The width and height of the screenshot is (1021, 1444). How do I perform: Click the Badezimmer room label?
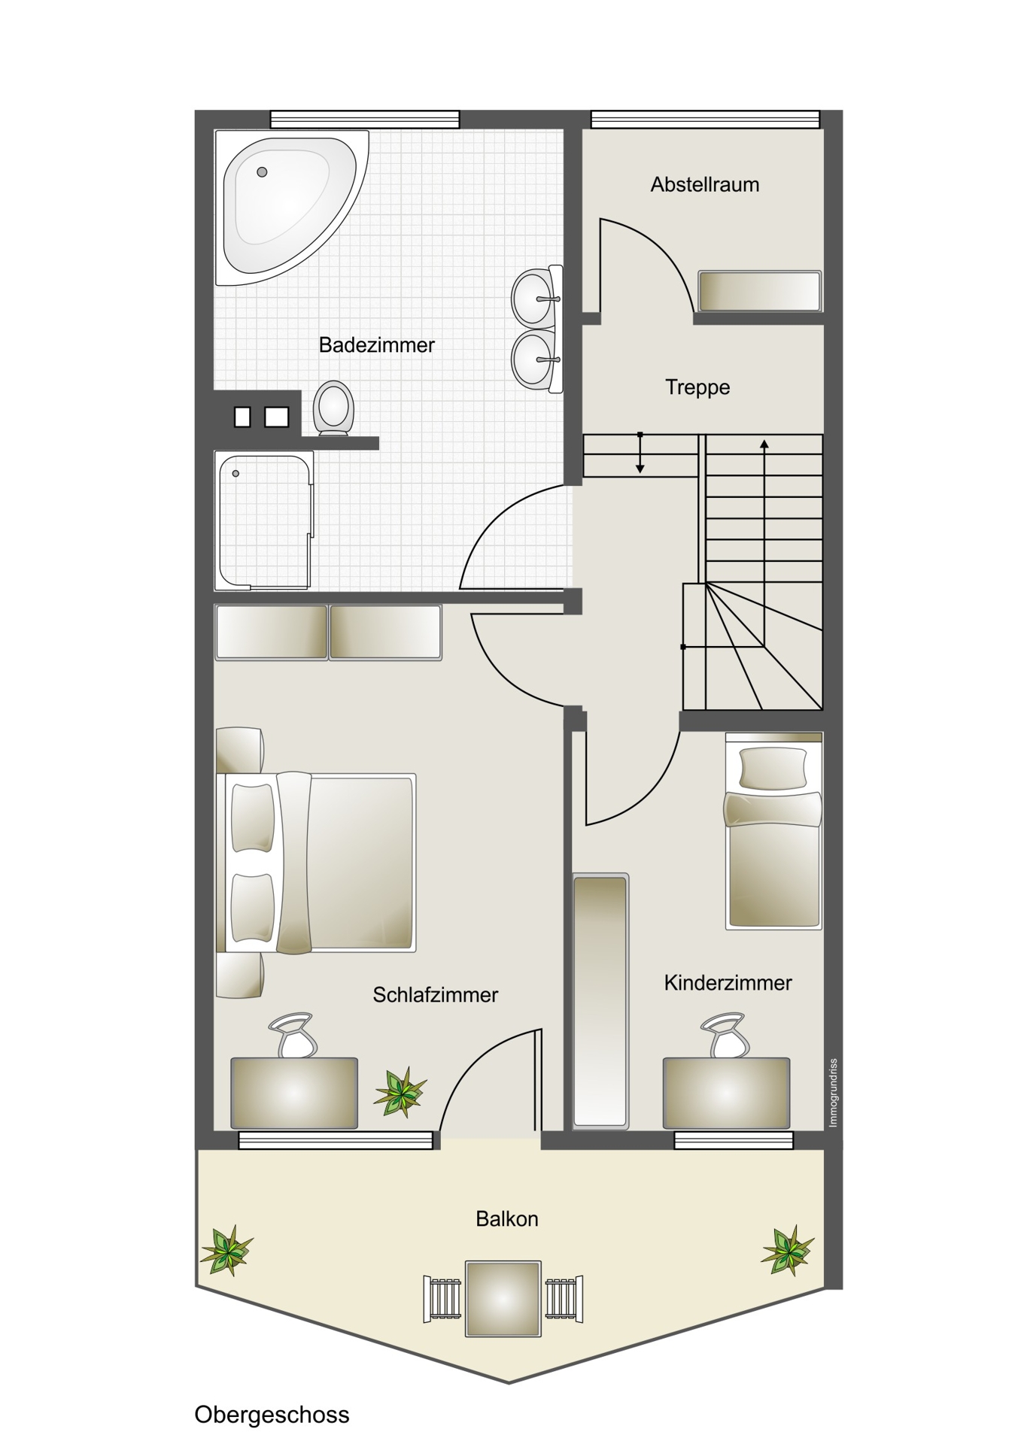coord(377,345)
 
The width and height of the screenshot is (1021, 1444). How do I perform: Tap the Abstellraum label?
coord(705,184)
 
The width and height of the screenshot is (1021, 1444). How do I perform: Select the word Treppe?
coord(697,387)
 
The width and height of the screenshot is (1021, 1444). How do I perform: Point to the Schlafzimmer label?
coord(436,995)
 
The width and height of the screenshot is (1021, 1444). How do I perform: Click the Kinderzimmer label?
coord(728,983)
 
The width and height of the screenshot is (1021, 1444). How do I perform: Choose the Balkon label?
coord(507,1219)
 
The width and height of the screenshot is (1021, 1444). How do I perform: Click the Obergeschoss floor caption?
coord(272,1415)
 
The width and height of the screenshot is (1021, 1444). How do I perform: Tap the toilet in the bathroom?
coord(333,408)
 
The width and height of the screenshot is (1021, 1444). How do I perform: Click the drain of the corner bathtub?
coord(262,172)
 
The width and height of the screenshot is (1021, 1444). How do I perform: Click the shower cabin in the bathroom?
coord(264,520)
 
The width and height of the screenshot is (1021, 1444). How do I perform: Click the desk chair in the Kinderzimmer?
coord(725,1035)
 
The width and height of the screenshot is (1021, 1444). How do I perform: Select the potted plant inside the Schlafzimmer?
coord(400,1092)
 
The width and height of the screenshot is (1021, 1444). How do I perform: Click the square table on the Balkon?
coord(503,1299)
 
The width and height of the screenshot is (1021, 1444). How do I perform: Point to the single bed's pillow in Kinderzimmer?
coord(773,768)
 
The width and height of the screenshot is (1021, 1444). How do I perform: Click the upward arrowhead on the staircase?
coord(764,444)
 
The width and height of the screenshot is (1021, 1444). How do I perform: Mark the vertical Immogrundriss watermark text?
coord(833,1093)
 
